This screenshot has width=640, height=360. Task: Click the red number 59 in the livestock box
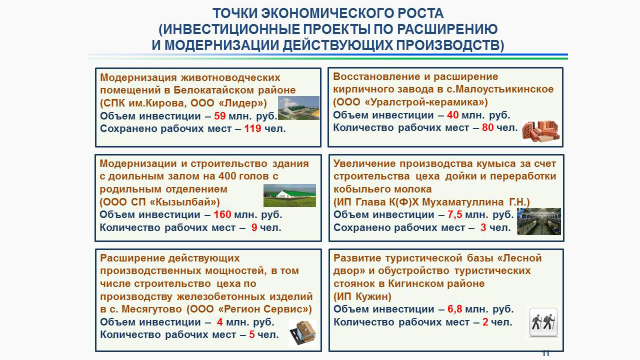click(x=219, y=116)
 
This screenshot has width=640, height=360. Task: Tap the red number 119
click(x=252, y=128)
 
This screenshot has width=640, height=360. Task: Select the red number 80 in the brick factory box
click(x=487, y=127)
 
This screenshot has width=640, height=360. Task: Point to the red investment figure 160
click(x=222, y=214)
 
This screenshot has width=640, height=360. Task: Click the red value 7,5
click(x=455, y=214)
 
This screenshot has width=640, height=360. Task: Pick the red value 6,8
click(x=455, y=309)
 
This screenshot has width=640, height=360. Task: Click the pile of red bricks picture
click(x=540, y=131)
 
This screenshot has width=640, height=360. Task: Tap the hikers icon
click(x=543, y=322)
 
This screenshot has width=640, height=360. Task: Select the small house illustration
click(x=303, y=333)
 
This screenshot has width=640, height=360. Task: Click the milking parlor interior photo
click(x=539, y=221)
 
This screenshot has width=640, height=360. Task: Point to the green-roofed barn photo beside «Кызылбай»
click(x=289, y=195)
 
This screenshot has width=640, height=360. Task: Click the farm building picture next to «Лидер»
click(x=298, y=108)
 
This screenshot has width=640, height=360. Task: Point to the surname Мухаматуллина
click(x=463, y=202)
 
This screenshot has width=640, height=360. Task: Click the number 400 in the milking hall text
click(x=227, y=176)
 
